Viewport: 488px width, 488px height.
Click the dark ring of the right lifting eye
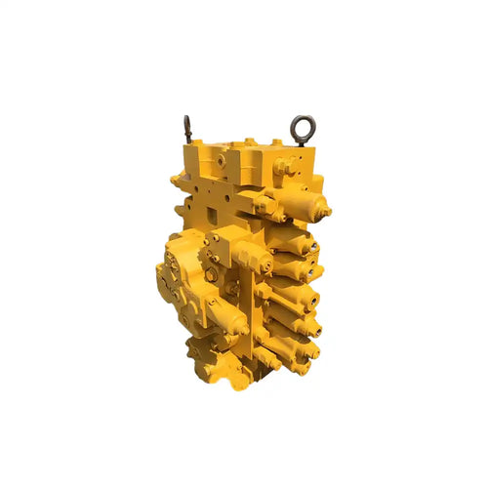(299, 125)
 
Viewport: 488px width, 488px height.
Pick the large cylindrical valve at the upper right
(305, 202)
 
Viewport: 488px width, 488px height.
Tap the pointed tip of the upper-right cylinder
(328, 210)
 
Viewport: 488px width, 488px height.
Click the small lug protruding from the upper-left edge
(176, 180)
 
